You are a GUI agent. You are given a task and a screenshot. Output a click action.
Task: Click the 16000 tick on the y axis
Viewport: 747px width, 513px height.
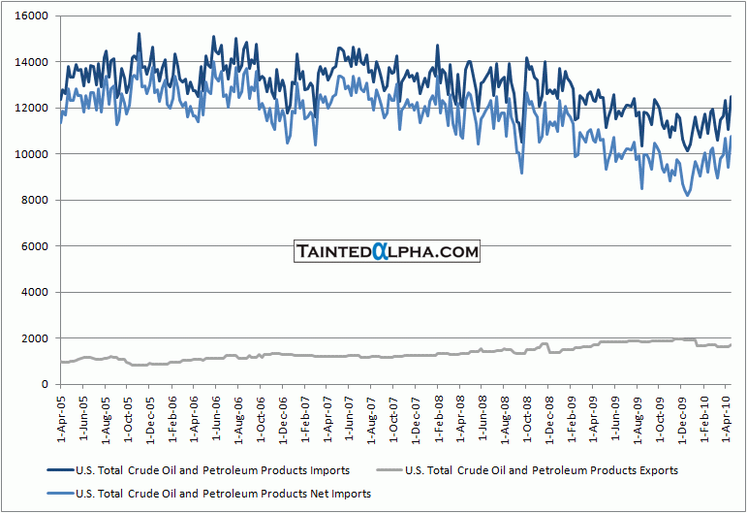31,16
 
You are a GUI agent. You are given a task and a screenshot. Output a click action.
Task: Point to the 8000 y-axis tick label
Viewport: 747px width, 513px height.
34,201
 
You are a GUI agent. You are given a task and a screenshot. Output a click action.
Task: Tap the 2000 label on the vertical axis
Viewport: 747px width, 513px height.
34,338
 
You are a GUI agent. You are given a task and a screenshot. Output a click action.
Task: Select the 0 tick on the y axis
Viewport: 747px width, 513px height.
44,385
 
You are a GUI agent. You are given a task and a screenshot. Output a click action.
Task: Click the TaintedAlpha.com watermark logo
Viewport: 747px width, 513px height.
387,252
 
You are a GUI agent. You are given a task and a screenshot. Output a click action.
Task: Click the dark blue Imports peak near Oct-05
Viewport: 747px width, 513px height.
139,34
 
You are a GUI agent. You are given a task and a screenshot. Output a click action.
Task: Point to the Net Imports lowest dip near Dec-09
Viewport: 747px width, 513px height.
688,196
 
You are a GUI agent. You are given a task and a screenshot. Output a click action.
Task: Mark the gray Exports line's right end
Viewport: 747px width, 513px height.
731,344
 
